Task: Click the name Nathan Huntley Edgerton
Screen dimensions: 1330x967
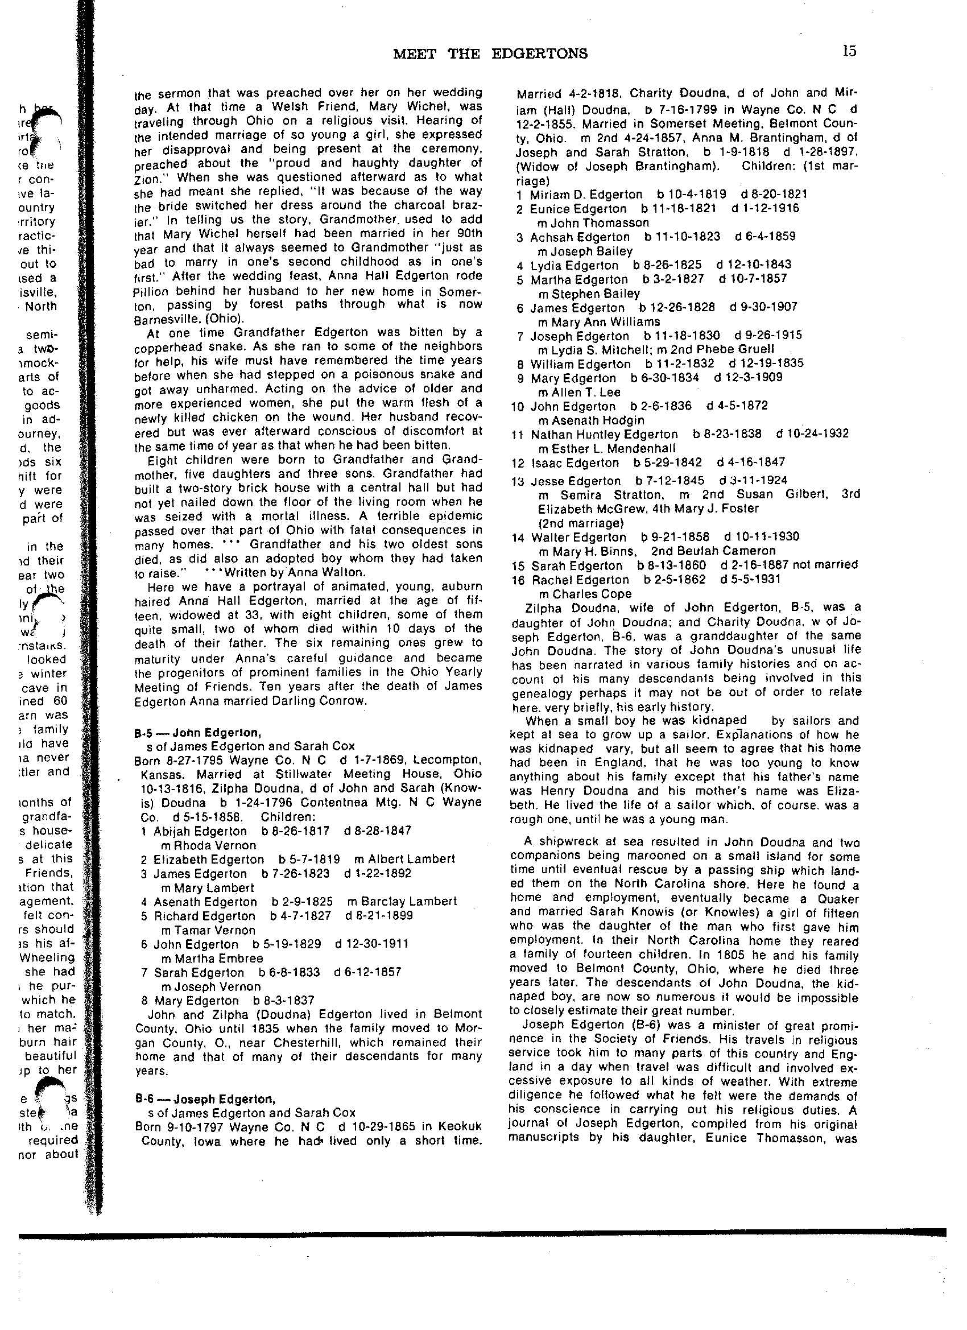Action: click(604, 435)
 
